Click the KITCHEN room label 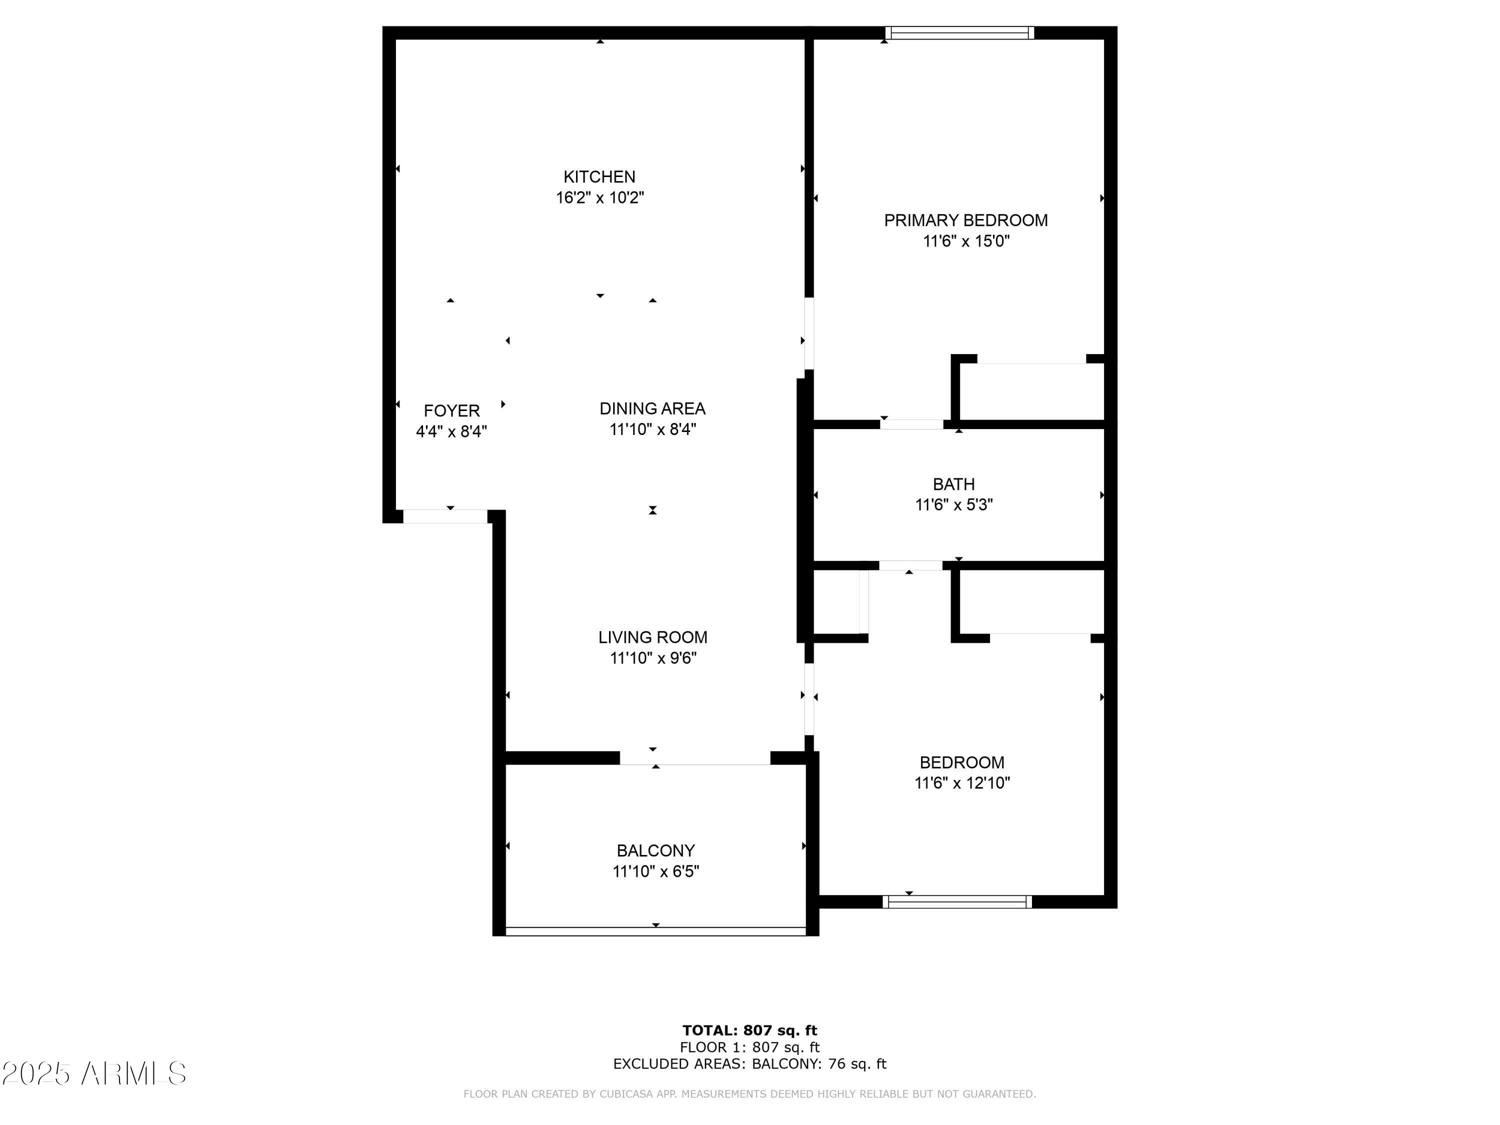599,177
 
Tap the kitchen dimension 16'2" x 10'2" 599,198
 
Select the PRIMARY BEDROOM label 965,220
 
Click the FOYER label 451,411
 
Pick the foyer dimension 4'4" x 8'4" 451,432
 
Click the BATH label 953,484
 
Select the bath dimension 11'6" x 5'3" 953,505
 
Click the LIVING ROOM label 652,637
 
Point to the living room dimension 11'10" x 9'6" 652,658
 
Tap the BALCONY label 655,851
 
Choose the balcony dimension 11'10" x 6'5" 655,872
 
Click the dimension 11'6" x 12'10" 961,783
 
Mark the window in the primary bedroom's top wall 959,33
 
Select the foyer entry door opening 445,516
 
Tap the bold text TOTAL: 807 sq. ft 749,1030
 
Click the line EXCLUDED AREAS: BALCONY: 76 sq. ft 749,1064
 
